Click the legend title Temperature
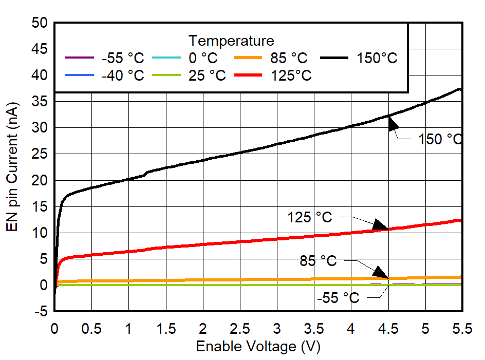coord(231,41)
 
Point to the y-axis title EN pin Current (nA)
coord(12,167)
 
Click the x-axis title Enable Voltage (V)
coord(258,347)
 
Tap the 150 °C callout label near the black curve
coord(440,139)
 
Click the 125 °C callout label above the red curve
coord(310,218)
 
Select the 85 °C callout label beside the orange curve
coord(318,261)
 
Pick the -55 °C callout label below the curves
coord(338,298)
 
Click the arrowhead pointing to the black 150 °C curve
coord(393,124)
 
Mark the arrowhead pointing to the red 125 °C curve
coord(380,224)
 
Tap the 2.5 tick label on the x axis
coord(240,329)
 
